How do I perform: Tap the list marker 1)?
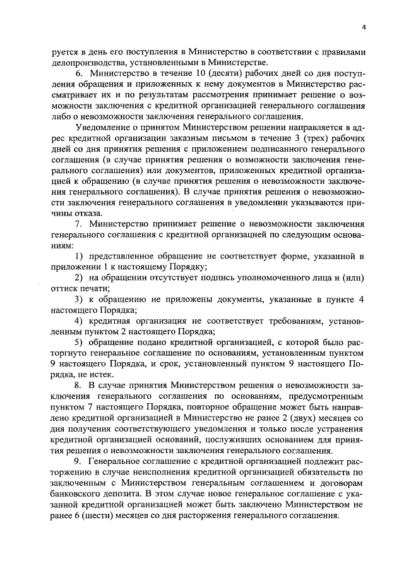[80, 255]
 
